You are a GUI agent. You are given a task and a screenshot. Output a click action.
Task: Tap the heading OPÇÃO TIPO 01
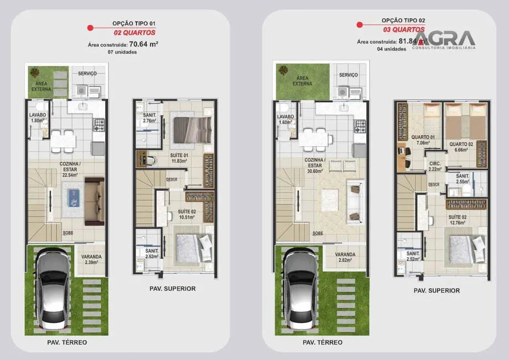click(x=134, y=23)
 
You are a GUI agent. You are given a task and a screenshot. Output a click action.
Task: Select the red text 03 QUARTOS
click(x=404, y=29)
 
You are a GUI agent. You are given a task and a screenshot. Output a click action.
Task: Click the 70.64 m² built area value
click(x=144, y=44)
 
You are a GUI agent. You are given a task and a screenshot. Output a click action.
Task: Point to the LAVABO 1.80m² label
click(x=37, y=117)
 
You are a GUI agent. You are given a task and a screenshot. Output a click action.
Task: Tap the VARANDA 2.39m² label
click(x=91, y=259)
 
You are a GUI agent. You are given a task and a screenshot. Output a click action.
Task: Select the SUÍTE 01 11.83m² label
click(x=178, y=158)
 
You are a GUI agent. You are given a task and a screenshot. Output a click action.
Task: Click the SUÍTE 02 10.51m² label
click(x=178, y=214)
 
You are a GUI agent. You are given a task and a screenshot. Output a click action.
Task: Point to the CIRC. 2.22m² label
click(x=435, y=167)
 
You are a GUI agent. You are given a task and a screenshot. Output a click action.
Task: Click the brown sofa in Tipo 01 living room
click(x=94, y=200)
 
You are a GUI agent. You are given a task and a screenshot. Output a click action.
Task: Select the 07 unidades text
click(x=122, y=52)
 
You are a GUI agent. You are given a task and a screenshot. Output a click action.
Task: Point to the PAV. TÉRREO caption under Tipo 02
click(x=322, y=342)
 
